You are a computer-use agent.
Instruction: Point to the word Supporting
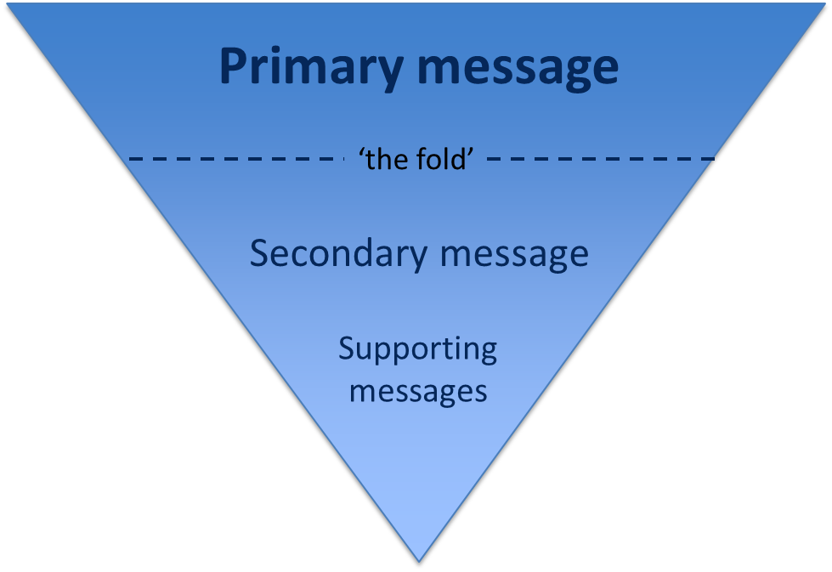pyautogui.click(x=417, y=350)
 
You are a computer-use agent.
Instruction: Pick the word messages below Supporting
pyautogui.click(x=418, y=391)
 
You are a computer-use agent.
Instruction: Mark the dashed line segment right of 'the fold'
pyautogui.click(x=595, y=158)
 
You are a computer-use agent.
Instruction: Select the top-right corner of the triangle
pyautogui.click(x=827, y=3)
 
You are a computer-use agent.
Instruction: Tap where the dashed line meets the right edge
pyautogui.click(x=712, y=158)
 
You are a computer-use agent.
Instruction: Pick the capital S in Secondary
pyautogui.click(x=260, y=253)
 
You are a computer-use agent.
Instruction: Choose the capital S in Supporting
pyautogui.click(x=346, y=348)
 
